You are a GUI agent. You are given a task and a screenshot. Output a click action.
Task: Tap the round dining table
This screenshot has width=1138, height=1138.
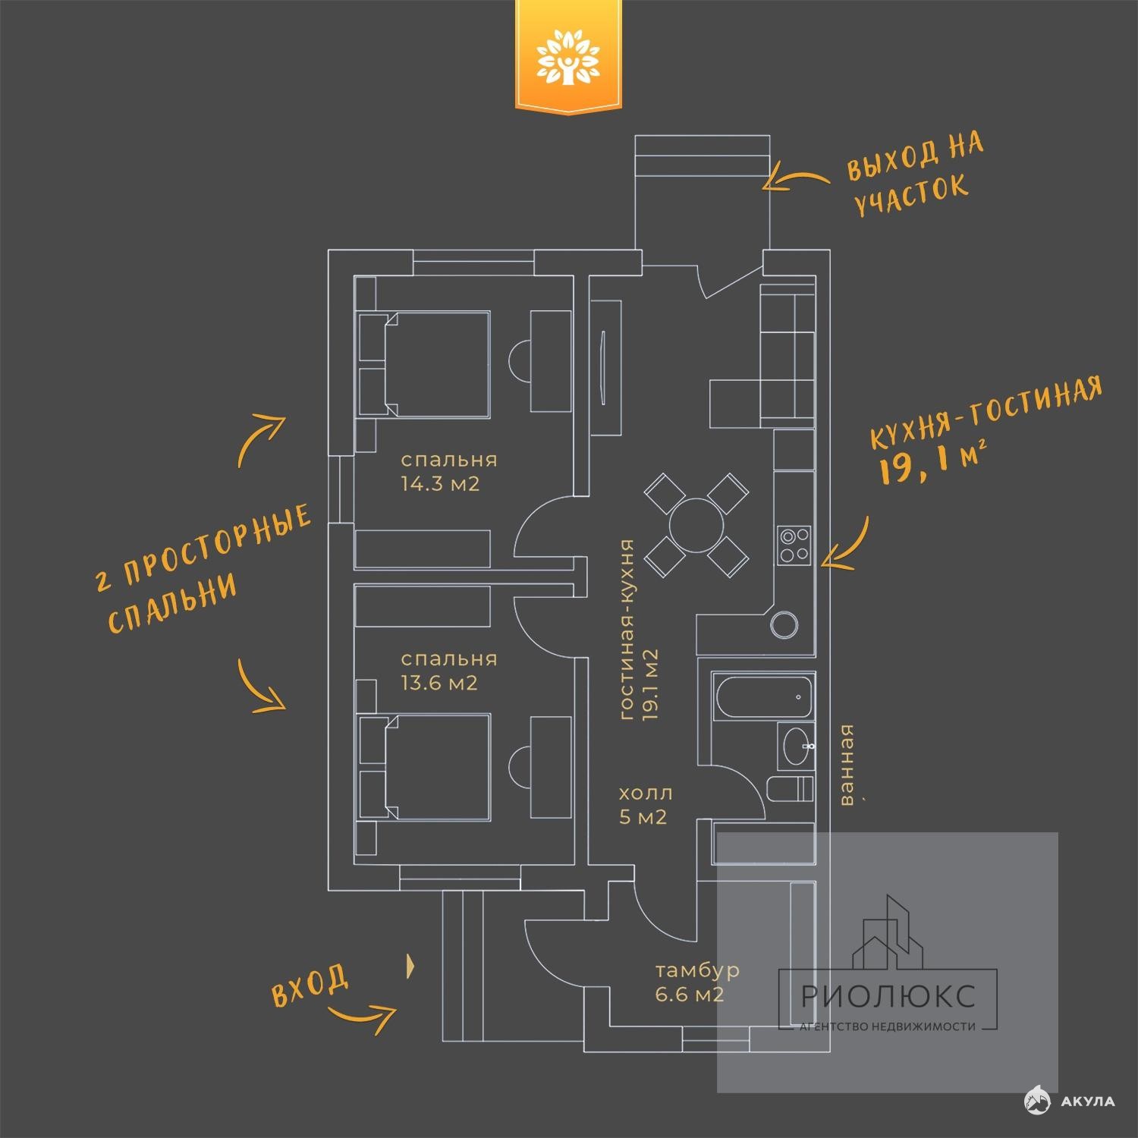tap(696, 524)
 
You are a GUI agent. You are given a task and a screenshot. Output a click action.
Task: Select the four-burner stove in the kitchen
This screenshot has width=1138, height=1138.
tap(794, 545)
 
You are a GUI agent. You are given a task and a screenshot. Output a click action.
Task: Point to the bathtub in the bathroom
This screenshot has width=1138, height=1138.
tap(763, 696)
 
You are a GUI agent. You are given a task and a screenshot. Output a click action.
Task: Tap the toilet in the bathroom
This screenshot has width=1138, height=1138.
tap(790, 789)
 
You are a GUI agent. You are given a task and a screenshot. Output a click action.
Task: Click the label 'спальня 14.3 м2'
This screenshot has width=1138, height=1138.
tap(449, 472)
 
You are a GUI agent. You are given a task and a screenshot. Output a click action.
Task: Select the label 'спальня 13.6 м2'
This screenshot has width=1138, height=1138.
tap(449, 671)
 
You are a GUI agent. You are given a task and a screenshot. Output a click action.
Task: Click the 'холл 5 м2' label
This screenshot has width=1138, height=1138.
tap(646, 805)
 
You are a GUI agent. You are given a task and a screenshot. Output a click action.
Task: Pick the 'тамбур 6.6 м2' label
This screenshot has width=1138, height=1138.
tap(696, 982)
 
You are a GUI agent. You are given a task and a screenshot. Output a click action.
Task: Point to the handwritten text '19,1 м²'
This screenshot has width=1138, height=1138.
tap(932, 463)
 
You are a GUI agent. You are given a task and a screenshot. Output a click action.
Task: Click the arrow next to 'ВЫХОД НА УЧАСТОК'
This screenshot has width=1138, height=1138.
tap(796, 179)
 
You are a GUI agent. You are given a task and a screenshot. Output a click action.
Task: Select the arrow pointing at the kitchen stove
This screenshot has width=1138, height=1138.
tap(848, 544)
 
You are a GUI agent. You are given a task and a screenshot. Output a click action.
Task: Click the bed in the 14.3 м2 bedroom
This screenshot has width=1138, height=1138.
tap(424, 363)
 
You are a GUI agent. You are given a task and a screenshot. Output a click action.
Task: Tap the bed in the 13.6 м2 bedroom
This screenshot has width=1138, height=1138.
tap(424, 766)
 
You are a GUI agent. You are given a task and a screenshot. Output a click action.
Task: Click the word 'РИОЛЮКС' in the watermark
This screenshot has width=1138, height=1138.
tap(888, 995)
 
